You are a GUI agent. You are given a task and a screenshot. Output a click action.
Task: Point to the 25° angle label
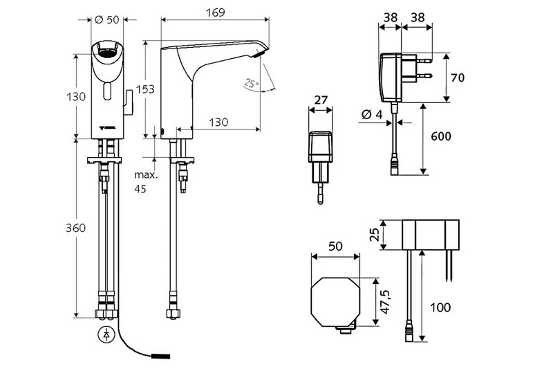pyautogui.click(x=251, y=84)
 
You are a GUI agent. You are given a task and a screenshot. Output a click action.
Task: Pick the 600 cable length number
pyautogui.click(x=442, y=136)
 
